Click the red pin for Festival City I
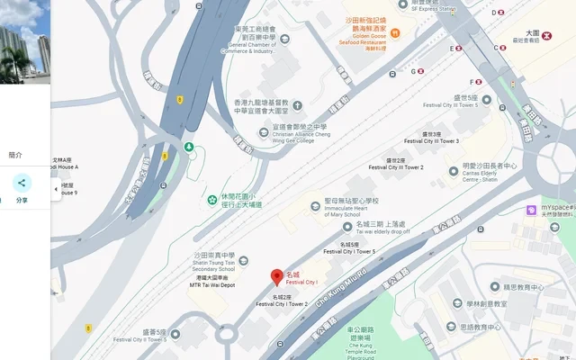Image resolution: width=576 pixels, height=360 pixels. coord(277,277)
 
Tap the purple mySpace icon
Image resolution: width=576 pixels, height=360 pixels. coord(532,210)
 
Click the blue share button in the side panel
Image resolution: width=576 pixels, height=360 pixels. coord(22,184)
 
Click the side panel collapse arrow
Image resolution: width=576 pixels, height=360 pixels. coord(57,189)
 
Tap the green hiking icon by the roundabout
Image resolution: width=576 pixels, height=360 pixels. coord(189,147)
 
